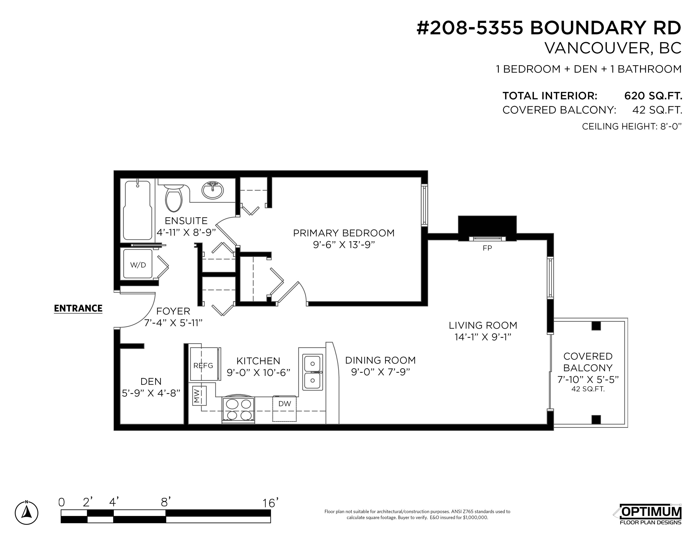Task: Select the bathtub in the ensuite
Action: (x=137, y=210)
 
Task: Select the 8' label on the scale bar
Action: (x=166, y=502)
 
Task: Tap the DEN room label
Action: (x=151, y=381)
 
